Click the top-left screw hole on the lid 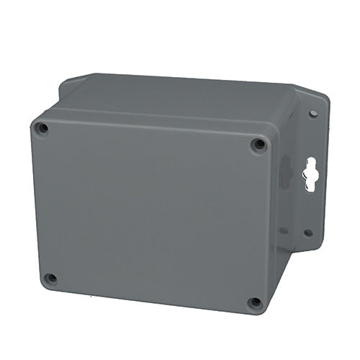42,129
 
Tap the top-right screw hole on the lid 258,145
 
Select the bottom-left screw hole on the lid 50,278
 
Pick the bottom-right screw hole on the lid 254,303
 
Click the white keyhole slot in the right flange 310,174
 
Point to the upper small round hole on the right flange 312,114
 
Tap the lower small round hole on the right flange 308,233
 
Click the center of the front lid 151,212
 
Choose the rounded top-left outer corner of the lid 34,120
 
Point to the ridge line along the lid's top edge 151,117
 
